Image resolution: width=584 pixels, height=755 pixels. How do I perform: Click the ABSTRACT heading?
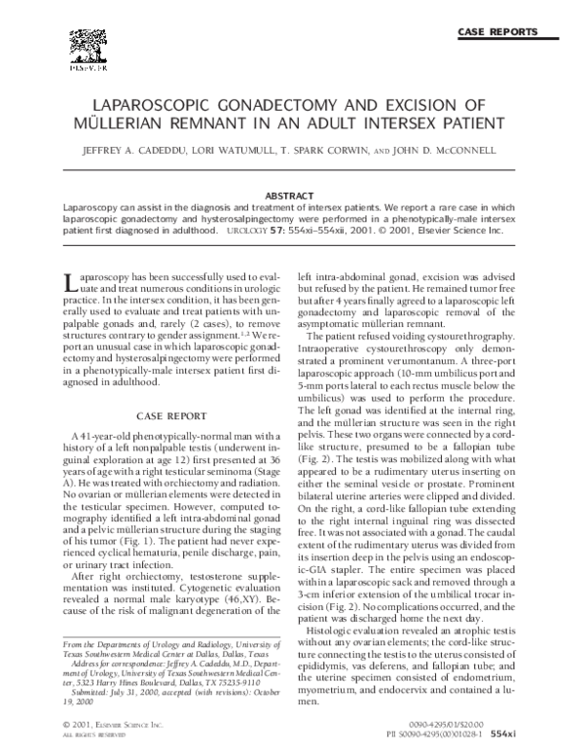tap(292, 197)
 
